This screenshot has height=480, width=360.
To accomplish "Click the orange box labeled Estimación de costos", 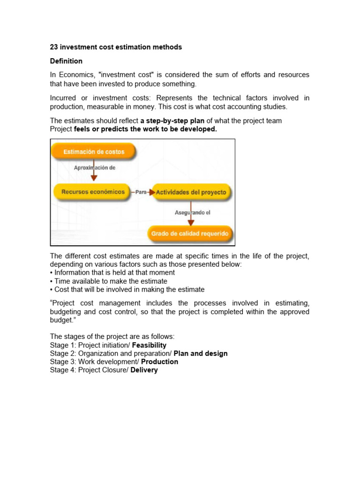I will [x=94, y=152].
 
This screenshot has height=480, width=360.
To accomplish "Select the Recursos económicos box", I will [x=91, y=192].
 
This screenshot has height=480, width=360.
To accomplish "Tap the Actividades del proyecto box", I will [x=191, y=192].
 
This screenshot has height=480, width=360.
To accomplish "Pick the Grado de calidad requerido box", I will [x=190, y=233].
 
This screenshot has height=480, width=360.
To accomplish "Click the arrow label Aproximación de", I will [x=94, y=167].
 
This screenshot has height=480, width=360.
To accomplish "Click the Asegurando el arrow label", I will [x=192, y=212].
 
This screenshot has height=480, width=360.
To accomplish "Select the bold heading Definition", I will [x=66, y=61].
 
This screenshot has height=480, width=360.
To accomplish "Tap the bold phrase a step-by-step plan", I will [x=172, y=121].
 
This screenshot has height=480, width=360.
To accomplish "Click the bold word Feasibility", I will [x=149, y=345].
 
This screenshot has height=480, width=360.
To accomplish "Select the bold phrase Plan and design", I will [x=201, y=354].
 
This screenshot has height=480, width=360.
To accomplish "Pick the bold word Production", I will [x=159, y=362].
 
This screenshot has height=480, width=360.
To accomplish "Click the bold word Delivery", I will [x=144, y=370].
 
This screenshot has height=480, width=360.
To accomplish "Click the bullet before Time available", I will [x=52, y=281].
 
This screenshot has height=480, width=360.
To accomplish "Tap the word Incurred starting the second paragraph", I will [x=64, y=98].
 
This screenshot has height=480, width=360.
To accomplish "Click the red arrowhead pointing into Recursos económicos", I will [x=94, y=179].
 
